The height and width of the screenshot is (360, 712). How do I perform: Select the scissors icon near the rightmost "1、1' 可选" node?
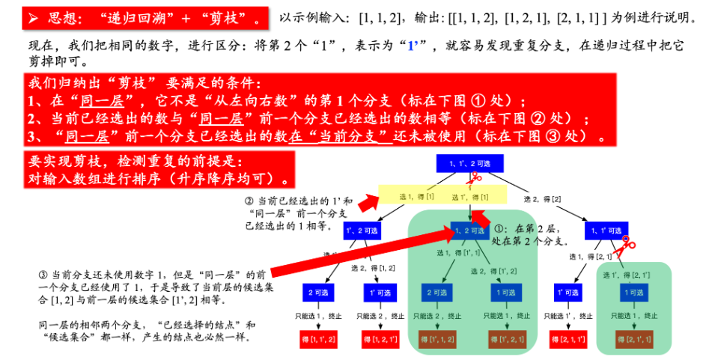(x=627, y=243)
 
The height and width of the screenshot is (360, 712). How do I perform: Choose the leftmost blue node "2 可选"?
(x=315, y=292)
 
